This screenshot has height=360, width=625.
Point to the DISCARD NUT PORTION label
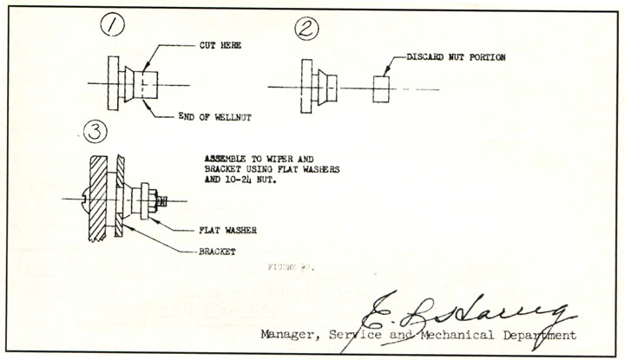coord(456,57)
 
